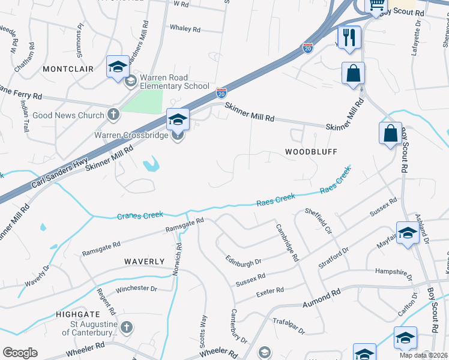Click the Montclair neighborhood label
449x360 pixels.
point(68,69)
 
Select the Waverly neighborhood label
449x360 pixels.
point(144,262)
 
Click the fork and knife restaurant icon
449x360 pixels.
point(349,37)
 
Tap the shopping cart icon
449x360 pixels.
point(376,5)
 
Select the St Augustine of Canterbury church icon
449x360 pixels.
point(125,327)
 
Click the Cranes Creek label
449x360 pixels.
point(140,215)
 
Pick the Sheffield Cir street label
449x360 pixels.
point(318,221)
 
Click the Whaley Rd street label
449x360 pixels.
point(185,29)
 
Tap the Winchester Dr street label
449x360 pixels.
point(136,289)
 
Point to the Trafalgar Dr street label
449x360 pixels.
point(288,326)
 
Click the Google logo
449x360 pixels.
point(20,353)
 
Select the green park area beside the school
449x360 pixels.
point(142,103)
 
